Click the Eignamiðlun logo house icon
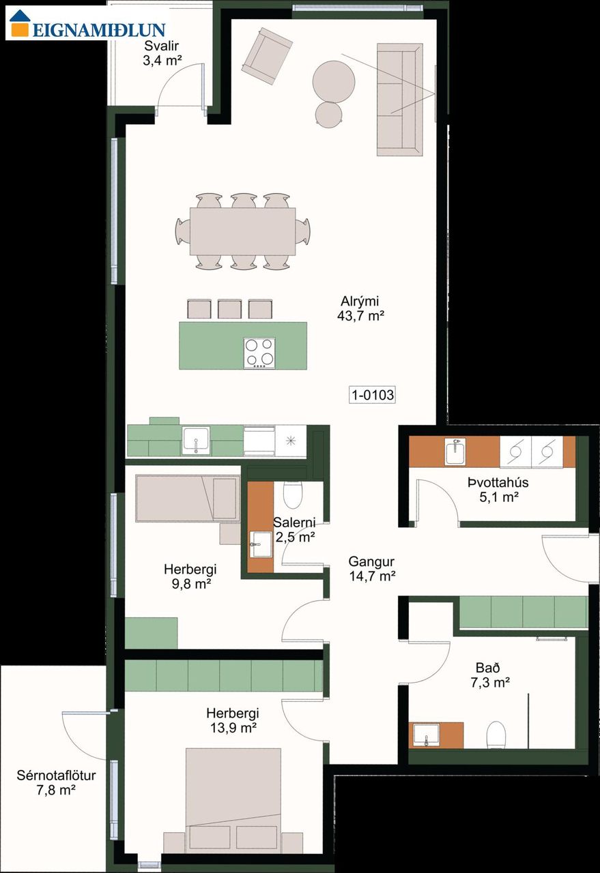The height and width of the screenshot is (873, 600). point(20,23)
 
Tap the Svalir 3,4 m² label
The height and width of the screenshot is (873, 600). point(162,53)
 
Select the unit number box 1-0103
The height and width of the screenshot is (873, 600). point(373,395)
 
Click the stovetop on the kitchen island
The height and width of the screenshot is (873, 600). point(259,353)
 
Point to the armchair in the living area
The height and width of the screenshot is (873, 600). point(267,56)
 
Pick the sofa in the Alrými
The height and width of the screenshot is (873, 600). point(400,100)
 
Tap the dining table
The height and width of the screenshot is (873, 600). point(242,231)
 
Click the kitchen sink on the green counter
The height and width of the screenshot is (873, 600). point(196,441)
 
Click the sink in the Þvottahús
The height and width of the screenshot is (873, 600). point(455,452)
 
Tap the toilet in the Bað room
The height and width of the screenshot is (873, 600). point(496,735)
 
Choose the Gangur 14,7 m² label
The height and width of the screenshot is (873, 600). point(372,569)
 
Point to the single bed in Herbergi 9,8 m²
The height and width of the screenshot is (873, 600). point(188,499)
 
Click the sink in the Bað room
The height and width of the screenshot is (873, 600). point(427,735)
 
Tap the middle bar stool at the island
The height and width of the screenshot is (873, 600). point(229,309)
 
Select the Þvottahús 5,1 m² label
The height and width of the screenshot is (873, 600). point(498,490)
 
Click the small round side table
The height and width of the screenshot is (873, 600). point(328,115)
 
